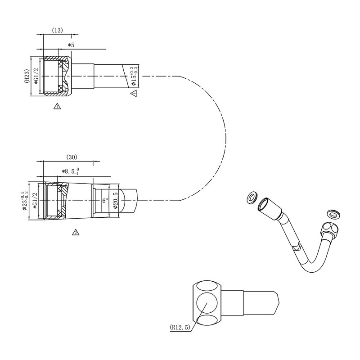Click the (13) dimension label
[57, 31]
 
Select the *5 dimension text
[71, 45]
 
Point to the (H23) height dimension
[27, 76]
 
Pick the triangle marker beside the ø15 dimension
[133, 93]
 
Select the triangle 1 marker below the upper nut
[57, 106]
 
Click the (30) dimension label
[72, 157]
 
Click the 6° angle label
[105, 201]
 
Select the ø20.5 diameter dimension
[116, 201]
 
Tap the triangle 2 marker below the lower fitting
[76, 233]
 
